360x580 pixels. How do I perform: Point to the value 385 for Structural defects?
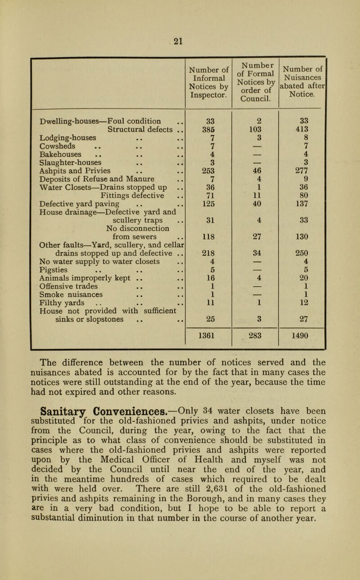click(208, 130)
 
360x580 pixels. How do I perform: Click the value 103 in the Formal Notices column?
click(255, 130)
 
